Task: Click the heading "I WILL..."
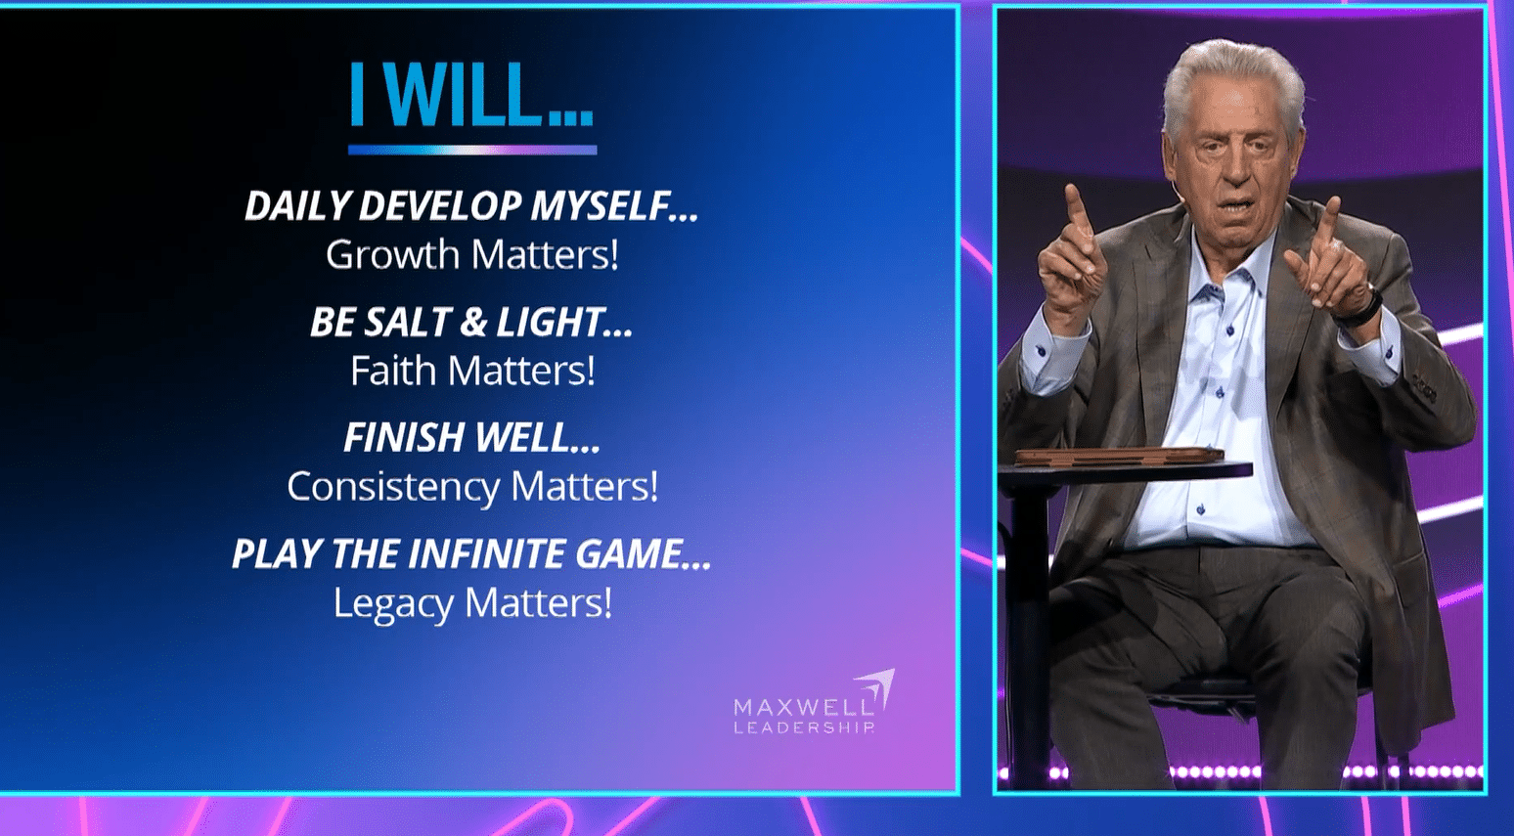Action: pos(471,96)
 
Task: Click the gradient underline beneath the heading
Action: pos(471,151)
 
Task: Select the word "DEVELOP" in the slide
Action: pos(439,206)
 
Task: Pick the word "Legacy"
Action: pos(393,603)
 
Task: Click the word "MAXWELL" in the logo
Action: pos(803,706)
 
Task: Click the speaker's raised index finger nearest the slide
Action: pos(1077,207)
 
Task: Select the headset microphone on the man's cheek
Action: pos(1180,196)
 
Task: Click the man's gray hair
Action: pos(1232,73)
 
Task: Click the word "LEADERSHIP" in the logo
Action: pos(803,727)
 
